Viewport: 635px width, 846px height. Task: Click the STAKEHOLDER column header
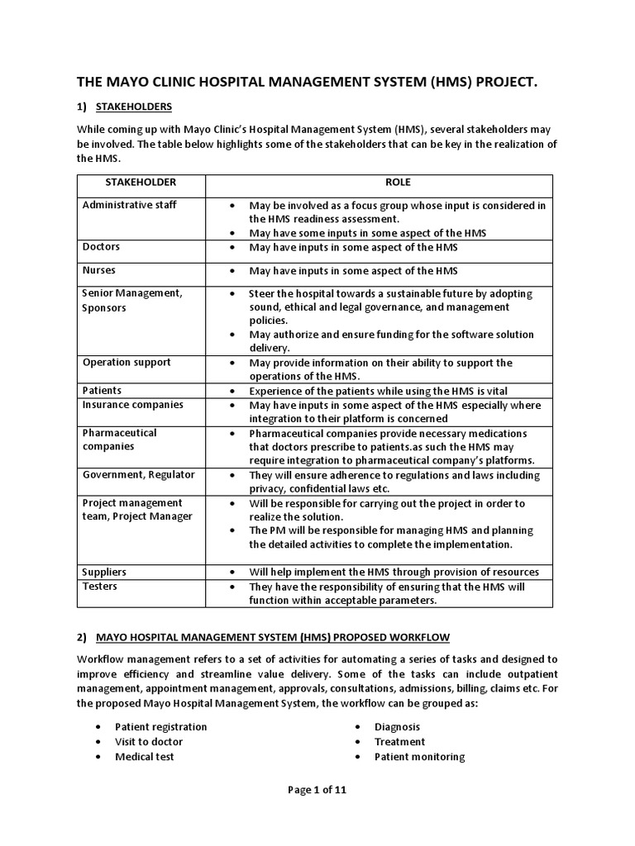[x=141, y=183]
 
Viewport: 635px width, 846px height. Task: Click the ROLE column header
[x=398, y=183]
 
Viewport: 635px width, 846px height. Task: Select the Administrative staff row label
[x=130, y=205]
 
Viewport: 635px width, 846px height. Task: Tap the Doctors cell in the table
[x=101, y=247]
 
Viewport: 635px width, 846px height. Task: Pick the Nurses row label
[x=99, y=270]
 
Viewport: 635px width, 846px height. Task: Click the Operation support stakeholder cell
[x=127, y=362]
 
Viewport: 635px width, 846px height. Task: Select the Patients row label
[x=102, y=390]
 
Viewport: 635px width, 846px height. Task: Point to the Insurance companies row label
[x=133, y=405]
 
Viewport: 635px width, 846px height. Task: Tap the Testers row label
[x=100, y=587]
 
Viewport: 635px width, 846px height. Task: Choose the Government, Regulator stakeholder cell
[x=139, y=475]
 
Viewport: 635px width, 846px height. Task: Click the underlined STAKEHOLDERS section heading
[x=134, y=107]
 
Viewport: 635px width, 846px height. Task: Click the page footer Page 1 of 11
[x=317, y=790]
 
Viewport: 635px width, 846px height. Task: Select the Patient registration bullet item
[x=161, y=727]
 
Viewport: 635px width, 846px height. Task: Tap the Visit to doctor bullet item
[x=149, y=742]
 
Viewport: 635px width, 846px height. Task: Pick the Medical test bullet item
[x=145, y=757]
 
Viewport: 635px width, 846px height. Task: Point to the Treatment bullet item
[x=400, y=742]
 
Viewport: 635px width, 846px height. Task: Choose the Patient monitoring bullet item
[x=419, y=757]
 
